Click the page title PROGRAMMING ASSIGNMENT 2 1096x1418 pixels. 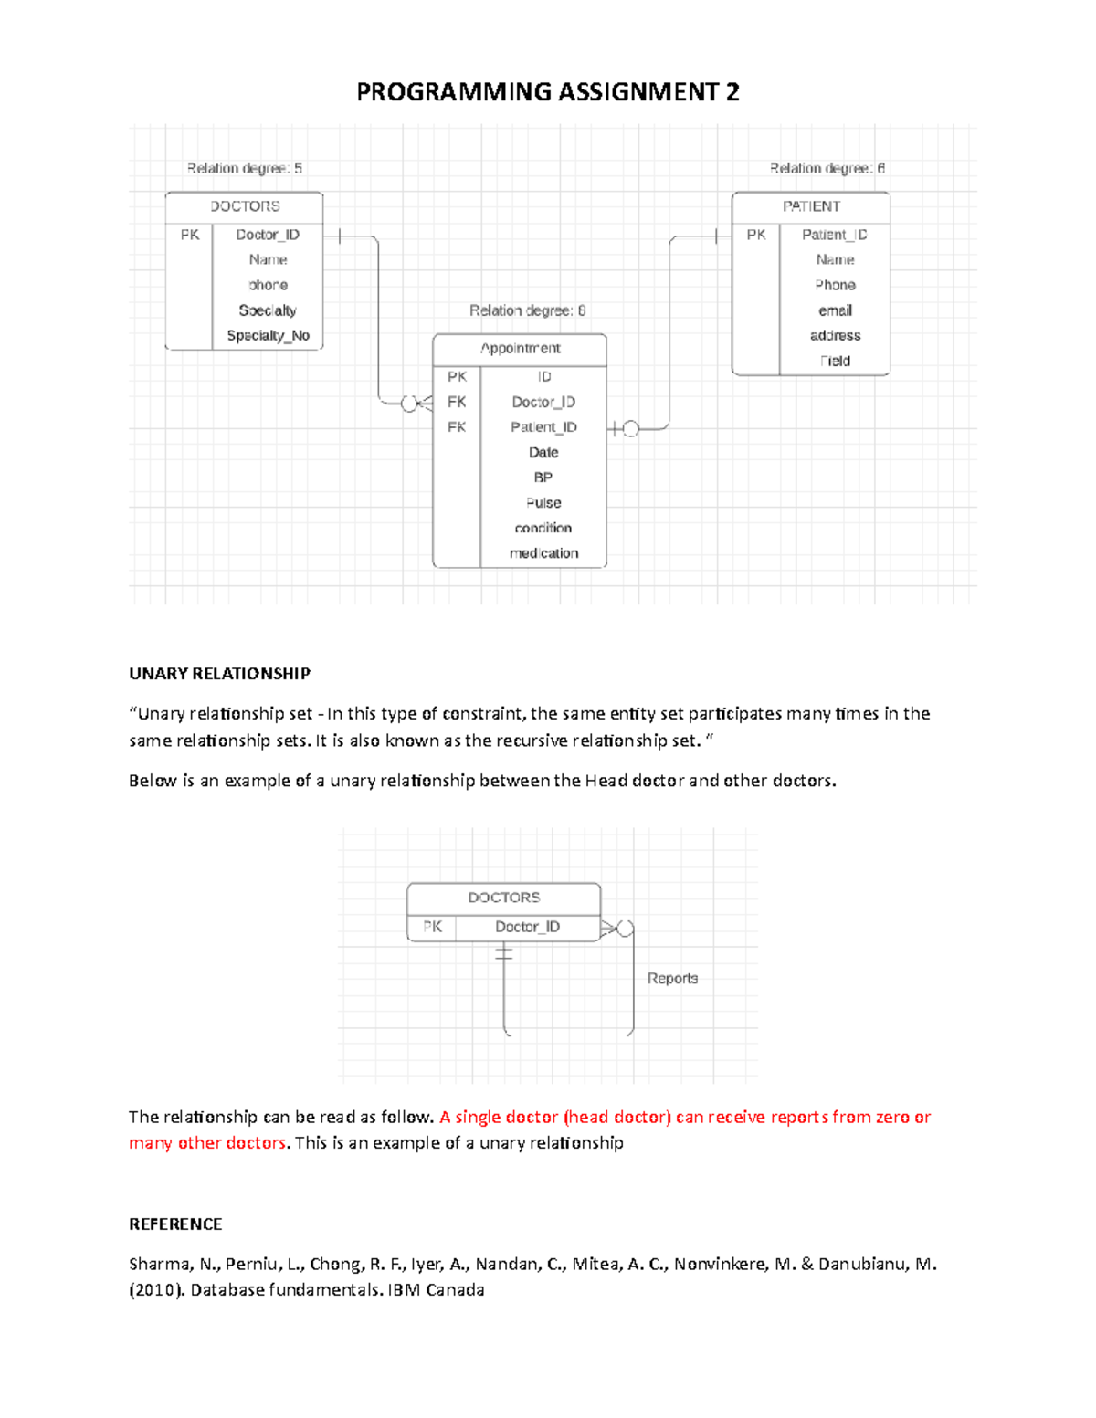click(x=547, y=92)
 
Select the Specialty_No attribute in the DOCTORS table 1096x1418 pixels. click(x=268, y=335)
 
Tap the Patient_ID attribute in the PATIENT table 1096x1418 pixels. click(x=834, y=235)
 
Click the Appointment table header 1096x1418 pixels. click(x=520, y=349)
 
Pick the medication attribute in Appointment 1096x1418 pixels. click(x=543, y=553)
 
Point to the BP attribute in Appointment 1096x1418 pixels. click(x=543, y=478)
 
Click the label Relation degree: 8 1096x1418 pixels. click(x=527, y=310)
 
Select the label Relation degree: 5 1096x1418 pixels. click(x=244, y=168)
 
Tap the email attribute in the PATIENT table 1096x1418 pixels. click(x=835, y=310)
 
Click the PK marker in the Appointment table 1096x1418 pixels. click(x=457, y=376)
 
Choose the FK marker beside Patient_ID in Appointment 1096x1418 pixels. click(x=457, y=427)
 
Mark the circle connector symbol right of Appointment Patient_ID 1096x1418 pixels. click(x=630, y=428)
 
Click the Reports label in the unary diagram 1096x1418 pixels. click(x=672, y=979)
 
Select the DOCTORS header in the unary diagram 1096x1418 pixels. click(x=503, y=898)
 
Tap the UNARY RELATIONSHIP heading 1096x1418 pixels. click(x=219, y=674)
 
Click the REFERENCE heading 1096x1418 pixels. click(x=175, y=1224)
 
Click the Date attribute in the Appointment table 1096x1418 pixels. click(x=543, y=453)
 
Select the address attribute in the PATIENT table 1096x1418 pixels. click(x=835, y=336)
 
